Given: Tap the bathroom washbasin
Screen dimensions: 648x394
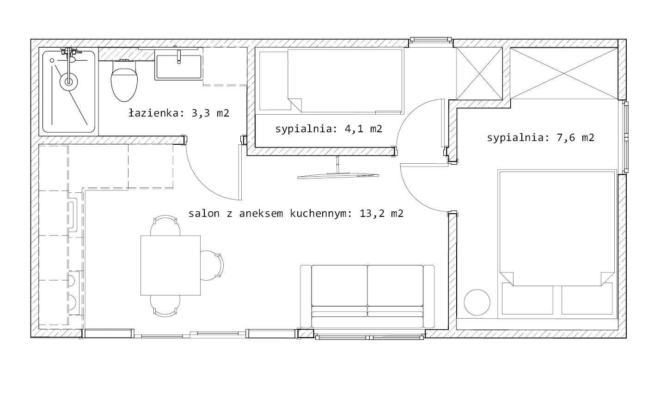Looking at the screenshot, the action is [178, 65].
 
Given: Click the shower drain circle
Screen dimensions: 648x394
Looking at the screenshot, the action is [68, 82].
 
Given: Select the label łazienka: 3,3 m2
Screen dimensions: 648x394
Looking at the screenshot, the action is [179, 113].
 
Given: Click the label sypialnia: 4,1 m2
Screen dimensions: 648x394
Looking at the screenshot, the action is [329, 129].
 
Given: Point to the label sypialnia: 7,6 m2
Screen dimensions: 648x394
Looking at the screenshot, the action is [540, 137].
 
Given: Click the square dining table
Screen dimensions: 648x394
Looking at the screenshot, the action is [171, 265].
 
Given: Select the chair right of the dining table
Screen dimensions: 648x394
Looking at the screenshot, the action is [212, 265].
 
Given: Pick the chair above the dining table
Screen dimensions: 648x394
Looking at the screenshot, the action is [165, 225].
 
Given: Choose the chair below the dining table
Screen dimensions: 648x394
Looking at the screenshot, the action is [165, 306].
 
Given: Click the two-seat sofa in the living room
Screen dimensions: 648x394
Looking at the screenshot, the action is [367, 297].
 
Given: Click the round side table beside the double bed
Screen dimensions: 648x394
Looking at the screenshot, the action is [477, 302].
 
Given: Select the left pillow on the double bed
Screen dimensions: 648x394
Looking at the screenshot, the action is [527, 298].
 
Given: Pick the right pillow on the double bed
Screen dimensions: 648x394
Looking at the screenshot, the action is [587, 298].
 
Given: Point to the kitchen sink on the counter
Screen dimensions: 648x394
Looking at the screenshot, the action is [73, 215].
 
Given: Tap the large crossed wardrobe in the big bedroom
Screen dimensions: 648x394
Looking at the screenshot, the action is [564, 74].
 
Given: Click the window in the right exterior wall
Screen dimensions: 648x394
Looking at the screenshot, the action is [626, 137].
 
